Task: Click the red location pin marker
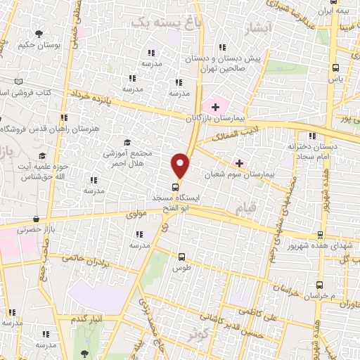point(181,165)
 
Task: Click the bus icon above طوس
point(182,257)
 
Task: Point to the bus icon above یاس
point(335,68)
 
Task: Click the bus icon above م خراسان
point(320,285)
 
